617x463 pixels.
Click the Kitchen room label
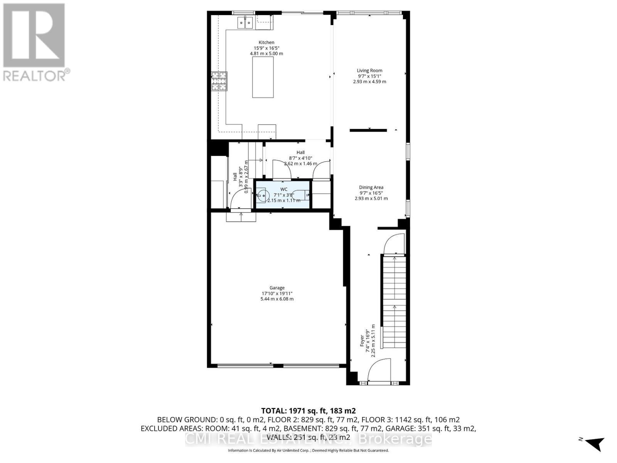point(266,42)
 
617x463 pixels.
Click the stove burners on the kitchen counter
point(219,81)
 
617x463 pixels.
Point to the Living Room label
point(369,71)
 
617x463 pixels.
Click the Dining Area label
point(371,188)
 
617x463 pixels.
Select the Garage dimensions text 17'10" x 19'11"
point(277,293)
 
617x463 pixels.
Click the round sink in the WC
point(263,195)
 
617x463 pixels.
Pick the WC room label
point(284,189)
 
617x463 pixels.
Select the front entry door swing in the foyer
point(379,370)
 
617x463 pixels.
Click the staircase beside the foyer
point(394,301)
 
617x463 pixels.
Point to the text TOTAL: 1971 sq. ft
point(308,411)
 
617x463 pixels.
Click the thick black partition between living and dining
point(368,130)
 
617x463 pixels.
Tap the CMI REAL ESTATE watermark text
point(308,439)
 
